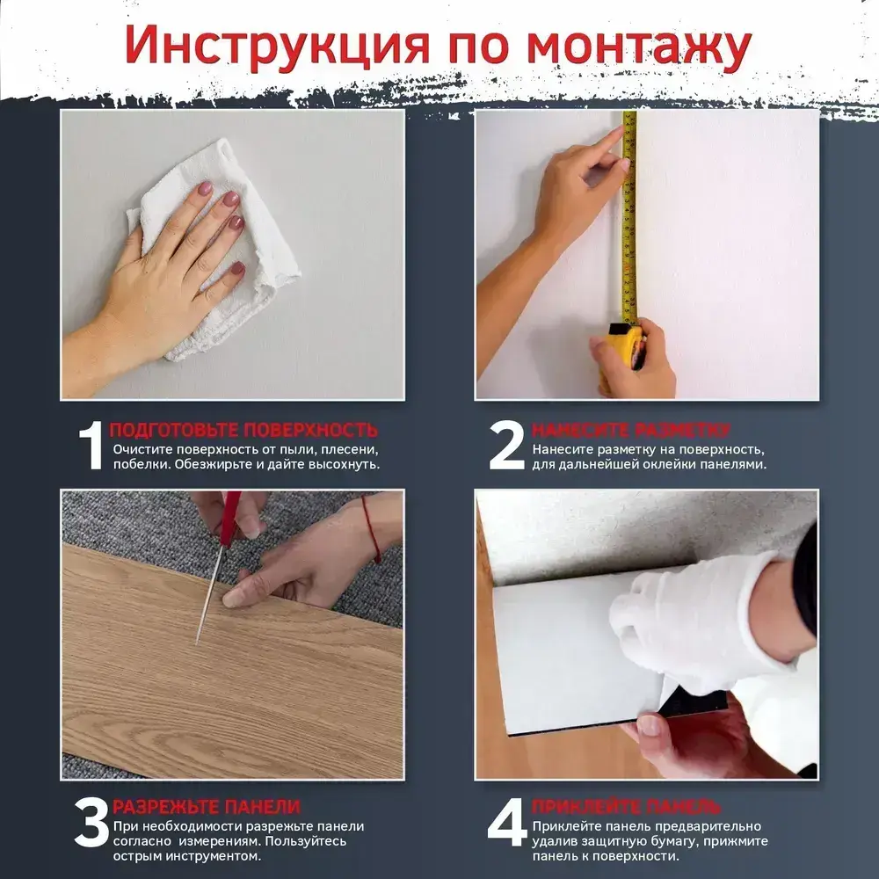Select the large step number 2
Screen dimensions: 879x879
pyautogui.click(x=506, y=446)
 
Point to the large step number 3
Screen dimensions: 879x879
pyautogui.click(x=91, y=823)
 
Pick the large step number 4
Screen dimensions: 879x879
pyautogui.click(x=507, y=823)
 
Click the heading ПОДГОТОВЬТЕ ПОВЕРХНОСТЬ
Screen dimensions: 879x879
pyautogui.click(x=243, y=430)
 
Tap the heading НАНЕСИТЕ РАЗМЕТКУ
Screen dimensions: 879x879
pyautogui.click(x=630, y=430)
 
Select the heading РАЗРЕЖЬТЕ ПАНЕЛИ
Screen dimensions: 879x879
pyautogui.click(x=207, y=807)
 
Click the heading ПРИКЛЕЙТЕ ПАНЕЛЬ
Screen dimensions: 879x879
pyautogui.click(x=626, y=807)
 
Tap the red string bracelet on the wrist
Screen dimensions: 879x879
pyautogui.click(x=371, y=528)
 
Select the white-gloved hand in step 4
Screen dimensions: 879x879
pyautogui.click(x=707, y=622)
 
